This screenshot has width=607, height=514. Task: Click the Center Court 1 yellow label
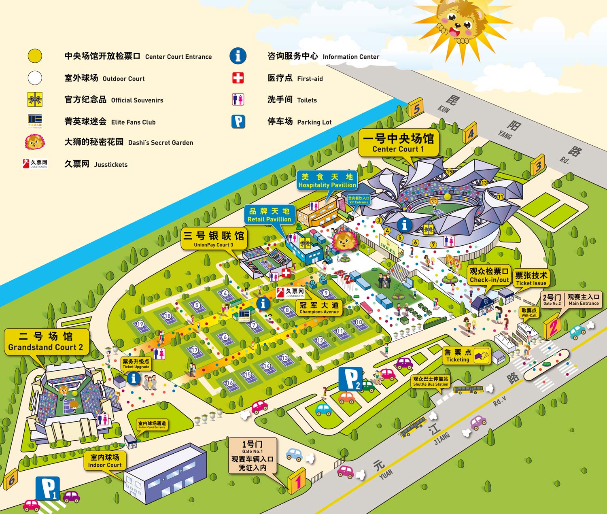point(398,143)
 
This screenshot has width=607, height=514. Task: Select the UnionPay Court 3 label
point(214,239)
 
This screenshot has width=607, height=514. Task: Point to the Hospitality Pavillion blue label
point(327,181)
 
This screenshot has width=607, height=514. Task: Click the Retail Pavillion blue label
point(269,215)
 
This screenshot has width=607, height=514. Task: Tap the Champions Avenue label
point(319,308)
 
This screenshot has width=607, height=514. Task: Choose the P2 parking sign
point(350,379)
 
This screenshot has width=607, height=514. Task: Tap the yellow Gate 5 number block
point(416,108)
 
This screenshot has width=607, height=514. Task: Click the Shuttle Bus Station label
point(431,381)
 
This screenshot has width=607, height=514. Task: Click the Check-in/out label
point(489,275)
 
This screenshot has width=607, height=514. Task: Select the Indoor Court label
point(105,461)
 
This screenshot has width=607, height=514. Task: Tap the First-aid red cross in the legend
point(238,78)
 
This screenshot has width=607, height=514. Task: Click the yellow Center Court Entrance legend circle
point(35,56)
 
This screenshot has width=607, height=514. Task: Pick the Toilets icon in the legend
point(238,100)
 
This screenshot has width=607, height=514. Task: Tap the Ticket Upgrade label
point(136,363)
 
